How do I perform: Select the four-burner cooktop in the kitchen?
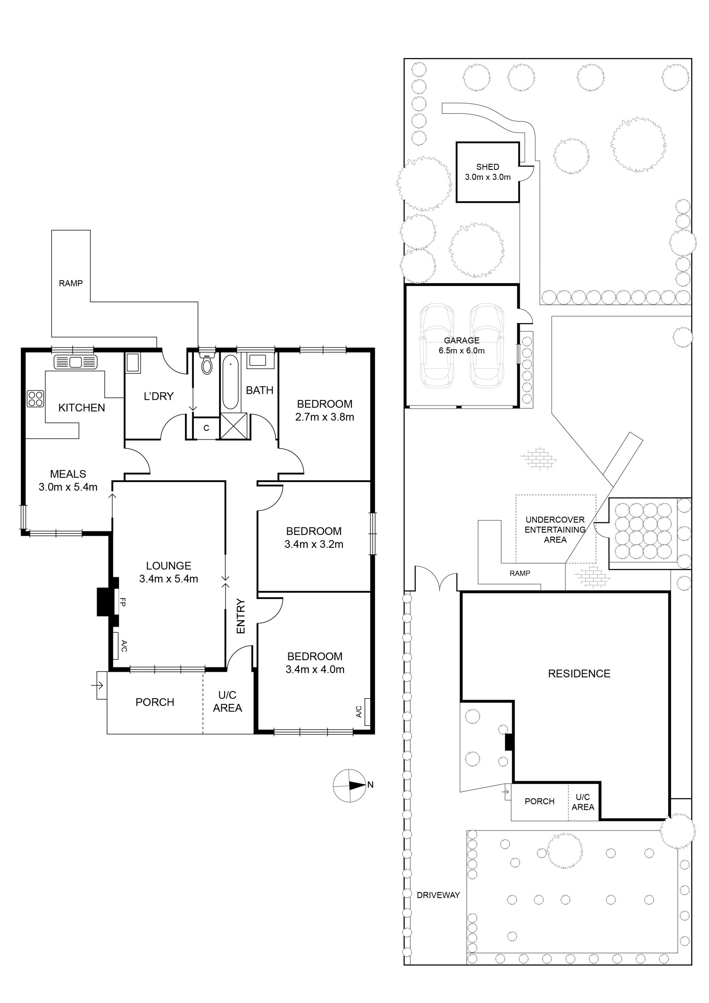click(35, 398)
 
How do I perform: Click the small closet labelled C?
click(206, 428)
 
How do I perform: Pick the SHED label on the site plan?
click(488, 167)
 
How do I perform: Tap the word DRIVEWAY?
click(438, 895)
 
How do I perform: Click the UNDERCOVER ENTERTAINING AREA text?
click(555, 529)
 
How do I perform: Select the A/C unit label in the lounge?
click(124, 646)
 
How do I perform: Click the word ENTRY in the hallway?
click(240, 616)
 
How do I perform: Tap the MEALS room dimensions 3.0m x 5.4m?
click(68, 487)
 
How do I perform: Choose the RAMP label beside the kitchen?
click(71, 283)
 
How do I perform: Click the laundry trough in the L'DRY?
click(133, 363)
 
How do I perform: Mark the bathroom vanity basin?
click(257, 361)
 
